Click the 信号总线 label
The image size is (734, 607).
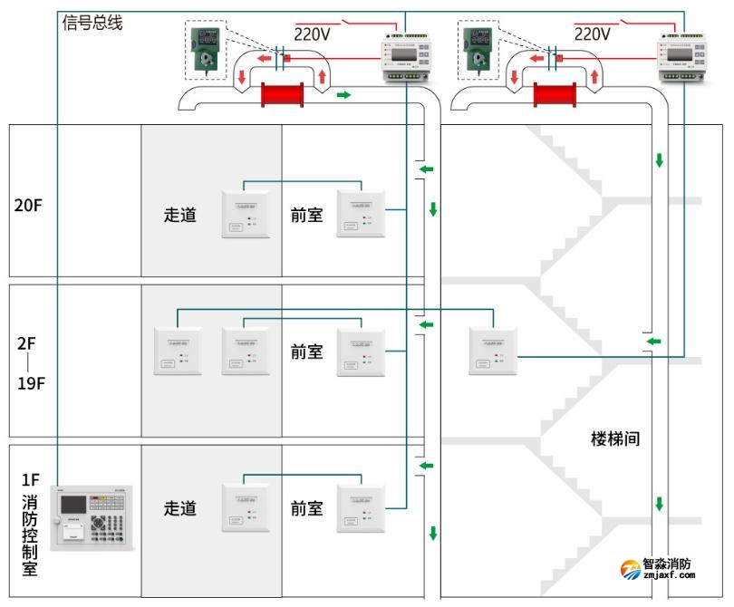[x=92, y=23]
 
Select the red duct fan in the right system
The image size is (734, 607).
[x=555, y=95]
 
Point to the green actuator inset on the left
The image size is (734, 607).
[x=208, y=53]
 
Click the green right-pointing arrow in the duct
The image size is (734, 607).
[x=343, y=94]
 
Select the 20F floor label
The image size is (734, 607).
[x=28, y=205]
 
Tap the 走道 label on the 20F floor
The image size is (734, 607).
[x=179, y=216]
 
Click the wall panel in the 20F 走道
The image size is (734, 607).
[x=246, y=214]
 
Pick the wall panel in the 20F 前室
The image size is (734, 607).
[x=361, y=214]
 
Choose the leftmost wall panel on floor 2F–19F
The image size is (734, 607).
[x=177, y=352]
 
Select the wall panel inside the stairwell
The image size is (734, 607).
[x=493, y=351]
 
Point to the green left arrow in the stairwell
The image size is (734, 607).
[x=653, y=342]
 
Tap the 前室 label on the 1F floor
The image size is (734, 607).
[x=306, y=508]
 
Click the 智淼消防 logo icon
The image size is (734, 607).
[x=630, y=570]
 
